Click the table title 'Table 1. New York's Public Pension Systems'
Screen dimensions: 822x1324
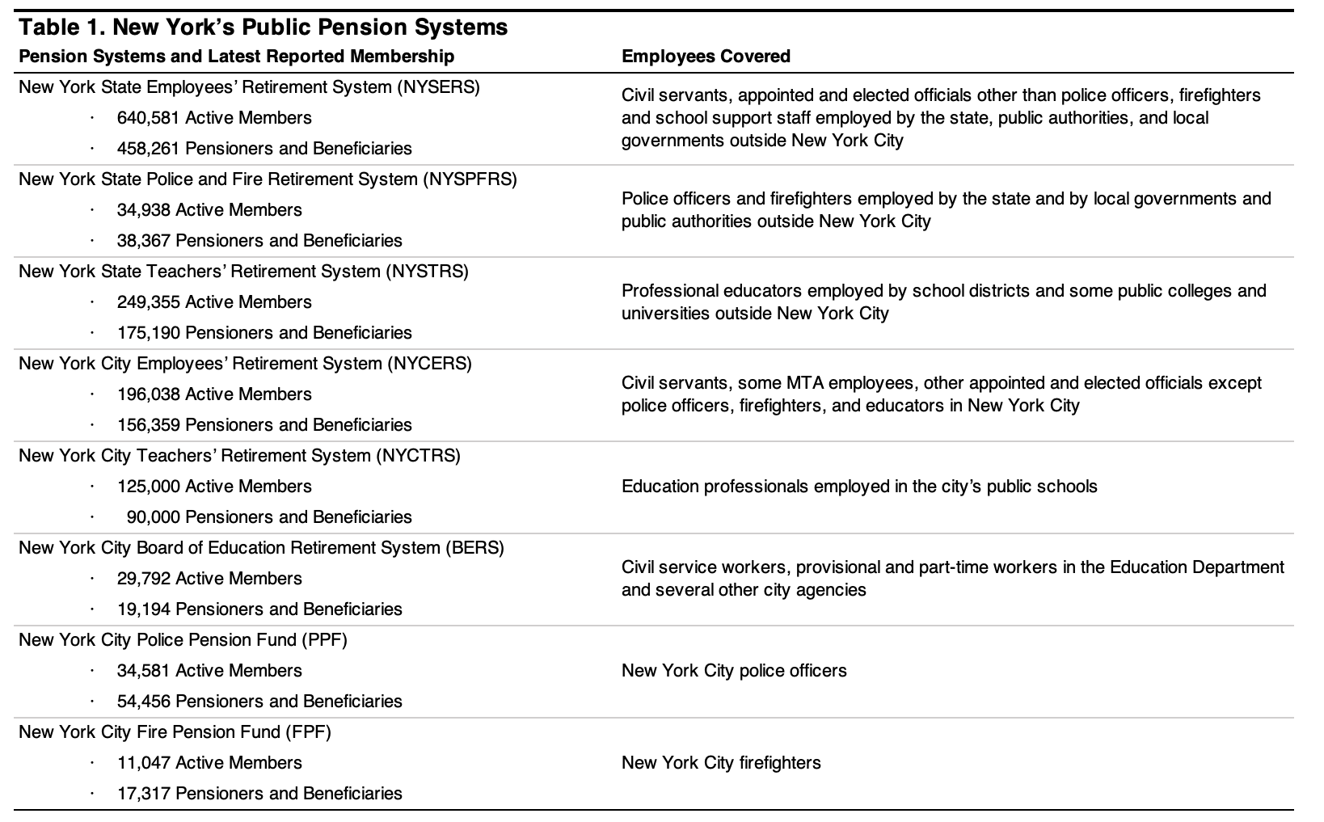(x=263, y=27)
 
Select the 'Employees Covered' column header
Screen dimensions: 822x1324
(x=706, y=57)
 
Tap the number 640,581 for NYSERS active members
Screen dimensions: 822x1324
(x=149, y=118)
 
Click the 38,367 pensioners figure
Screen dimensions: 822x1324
(x=144, y=241)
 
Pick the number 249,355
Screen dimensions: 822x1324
(x=149, y=302)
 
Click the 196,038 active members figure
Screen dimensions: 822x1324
(x=149, y=394)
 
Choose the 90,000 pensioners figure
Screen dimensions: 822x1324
(x=154, y=517)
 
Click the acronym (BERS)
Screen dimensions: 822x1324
(x=474, y=548)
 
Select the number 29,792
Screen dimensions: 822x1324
(x=144, y=579)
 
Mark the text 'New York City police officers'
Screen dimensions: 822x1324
(x=734, y=671)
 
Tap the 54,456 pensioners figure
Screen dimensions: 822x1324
(x=144, y=702)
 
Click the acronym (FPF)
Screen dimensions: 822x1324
(x=308, y=732)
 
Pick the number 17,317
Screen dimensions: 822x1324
(x=144, y=794)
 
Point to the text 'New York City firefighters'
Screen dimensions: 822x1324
(x=721, y=763)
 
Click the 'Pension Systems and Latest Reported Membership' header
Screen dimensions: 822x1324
(x=236, y=57)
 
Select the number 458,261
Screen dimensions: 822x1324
(x=149, y=149)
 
